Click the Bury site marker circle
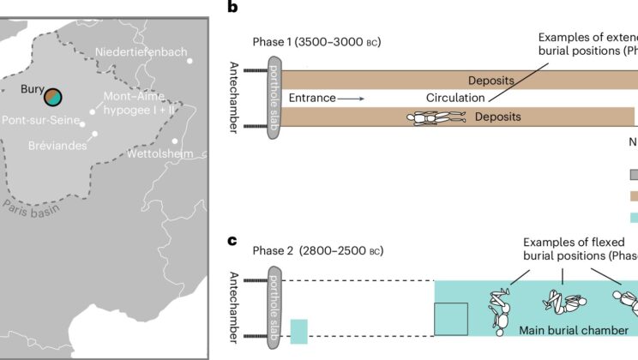[x=53, y=96]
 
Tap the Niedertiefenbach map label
[x=141, y=52]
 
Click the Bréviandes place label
[x=56, y=146]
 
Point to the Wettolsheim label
[x=159, y=153]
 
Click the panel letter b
[x=232, y=9]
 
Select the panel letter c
[x=232, y=241]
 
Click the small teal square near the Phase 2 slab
[x=298, y=332]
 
